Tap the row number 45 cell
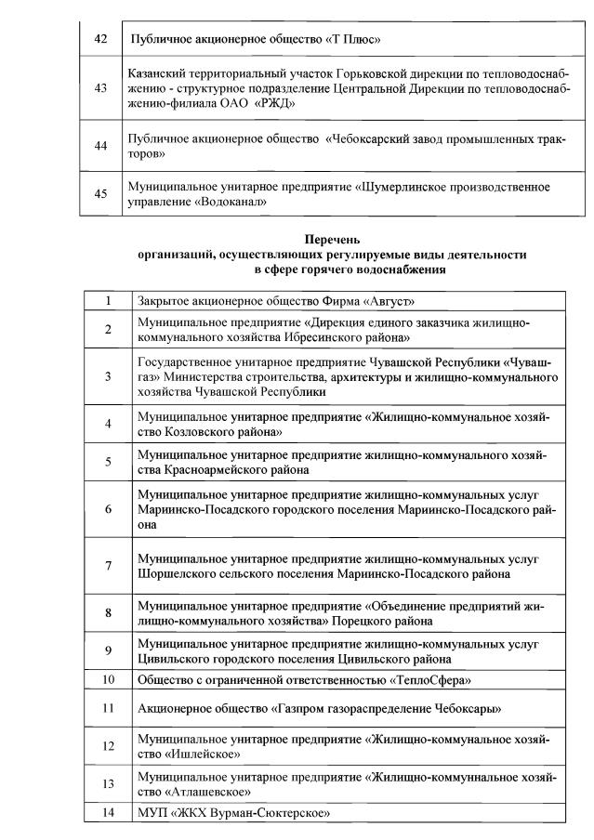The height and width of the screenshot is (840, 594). [101, 193]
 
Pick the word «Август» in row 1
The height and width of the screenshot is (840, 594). [384, 301]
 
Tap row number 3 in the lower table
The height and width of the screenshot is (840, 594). [108, 376]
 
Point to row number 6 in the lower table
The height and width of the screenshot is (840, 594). [108, 509]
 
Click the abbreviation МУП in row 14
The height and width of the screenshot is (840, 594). [153, 814]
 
